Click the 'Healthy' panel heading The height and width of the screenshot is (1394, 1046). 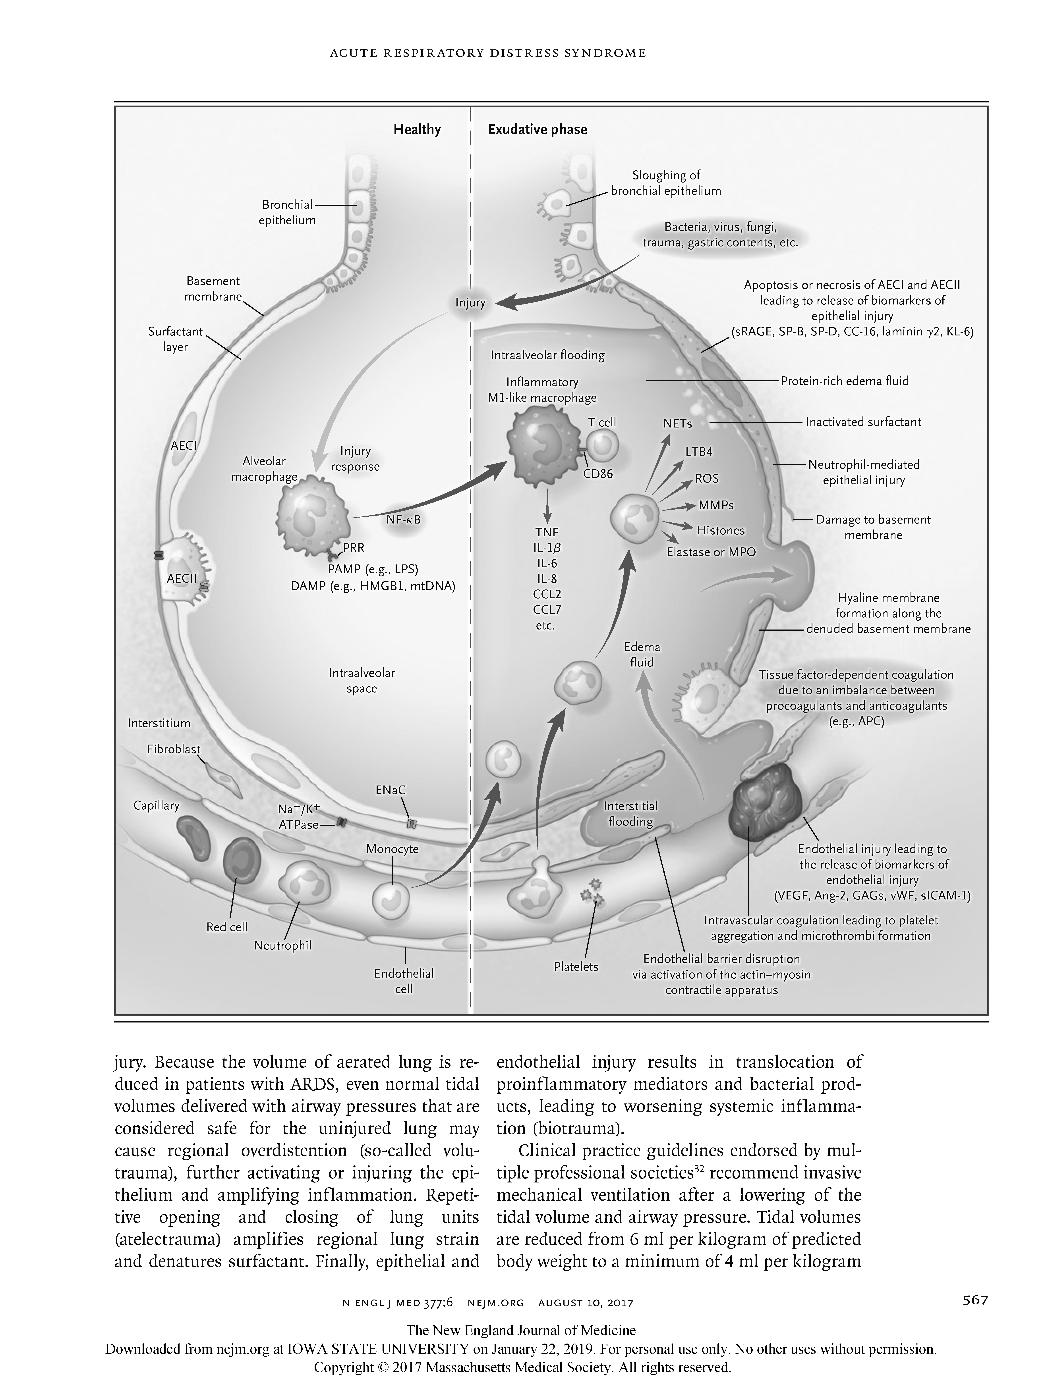[x=417, y=130]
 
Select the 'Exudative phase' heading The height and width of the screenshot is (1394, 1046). [x=537, y=130]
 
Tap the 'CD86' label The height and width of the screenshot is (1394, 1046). [x=598, y=474]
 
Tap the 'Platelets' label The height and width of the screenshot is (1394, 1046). [x=576, y=967]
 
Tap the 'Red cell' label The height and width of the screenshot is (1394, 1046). [x=227, y=927]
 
